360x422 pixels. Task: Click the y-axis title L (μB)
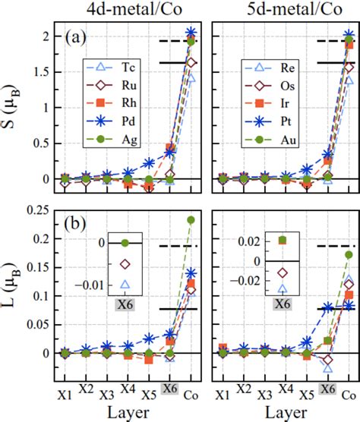point(15,298)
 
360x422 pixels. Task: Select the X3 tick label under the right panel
point(264,395)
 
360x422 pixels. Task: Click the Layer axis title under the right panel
point(284,414)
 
